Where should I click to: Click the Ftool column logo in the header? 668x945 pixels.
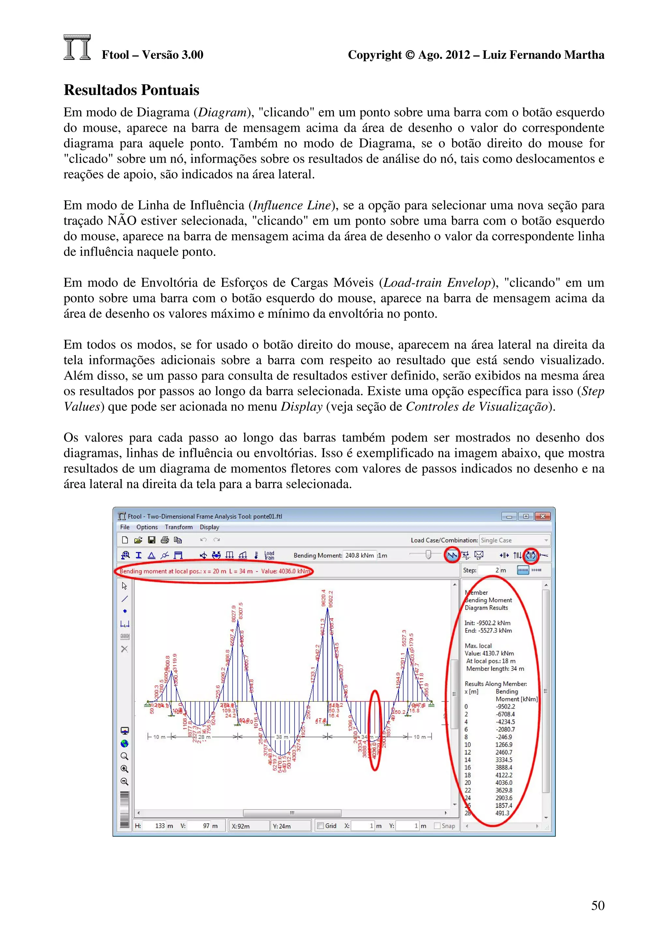click(x=77, y=47)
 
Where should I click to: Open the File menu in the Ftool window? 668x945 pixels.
click(x=125, y=527)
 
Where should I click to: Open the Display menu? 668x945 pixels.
click(x=209, y=527)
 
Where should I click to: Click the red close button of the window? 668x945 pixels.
click(x=542, y=516)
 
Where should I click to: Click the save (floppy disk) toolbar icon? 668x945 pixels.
click(x=151, y=540)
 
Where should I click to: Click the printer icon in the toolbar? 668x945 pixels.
click(x=165, y=540)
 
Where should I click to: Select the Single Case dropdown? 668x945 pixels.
click(x=514, y=540)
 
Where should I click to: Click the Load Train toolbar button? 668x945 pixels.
click(x=269, y=555)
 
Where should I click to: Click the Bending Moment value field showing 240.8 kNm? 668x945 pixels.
click(x=359, y=555)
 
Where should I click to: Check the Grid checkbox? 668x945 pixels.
click(x=320, y=826)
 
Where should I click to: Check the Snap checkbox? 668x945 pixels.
click(x=437, y=826)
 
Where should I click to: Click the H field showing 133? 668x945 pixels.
click(x=160, y=826)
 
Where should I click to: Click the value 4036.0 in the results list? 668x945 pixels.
click(x=504, y=783)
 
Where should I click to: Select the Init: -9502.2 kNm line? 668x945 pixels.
click(x=487, y=623)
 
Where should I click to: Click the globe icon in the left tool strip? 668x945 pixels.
click(x=124, y=743)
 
